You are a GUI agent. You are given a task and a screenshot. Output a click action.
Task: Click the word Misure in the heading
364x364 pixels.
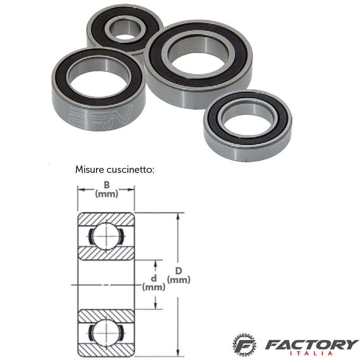90,170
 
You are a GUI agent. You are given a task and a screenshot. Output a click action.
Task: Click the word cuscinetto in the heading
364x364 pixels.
131,170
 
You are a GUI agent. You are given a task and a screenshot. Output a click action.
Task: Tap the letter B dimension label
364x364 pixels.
106,185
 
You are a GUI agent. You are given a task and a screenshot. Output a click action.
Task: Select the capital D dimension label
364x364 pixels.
178,271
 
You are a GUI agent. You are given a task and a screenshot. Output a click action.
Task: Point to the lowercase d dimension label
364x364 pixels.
154,278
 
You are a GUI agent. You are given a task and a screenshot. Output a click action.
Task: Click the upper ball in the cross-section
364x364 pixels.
106,236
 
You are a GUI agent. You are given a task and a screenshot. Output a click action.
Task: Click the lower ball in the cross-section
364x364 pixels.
106,333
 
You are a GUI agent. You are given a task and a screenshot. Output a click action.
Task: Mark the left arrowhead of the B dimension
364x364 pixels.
81,190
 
